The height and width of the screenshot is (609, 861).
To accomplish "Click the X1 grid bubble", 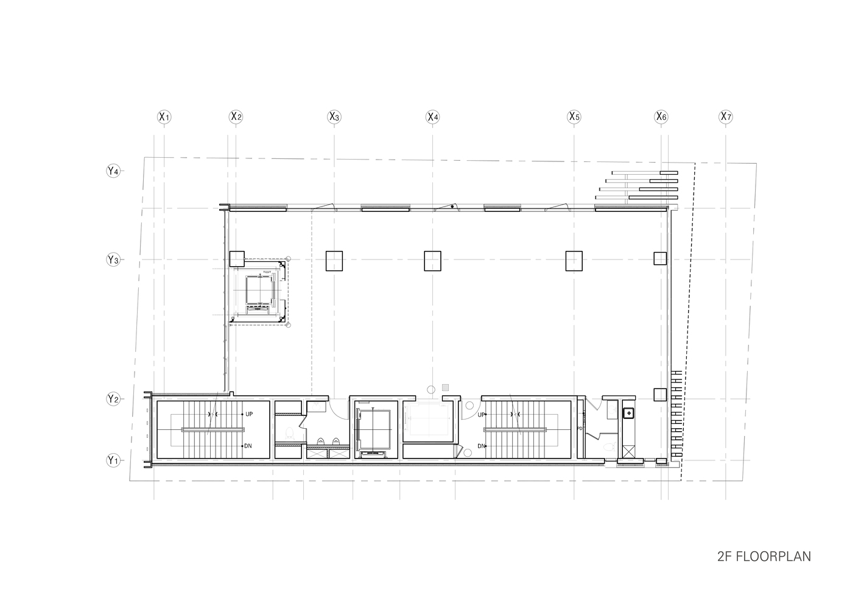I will tap(164, 116).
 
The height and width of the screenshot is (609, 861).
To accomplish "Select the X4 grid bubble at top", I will tap(432, 116).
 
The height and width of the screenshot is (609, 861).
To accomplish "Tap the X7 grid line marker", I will tap(725, 116).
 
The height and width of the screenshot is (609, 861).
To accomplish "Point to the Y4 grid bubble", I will tap(113, 171).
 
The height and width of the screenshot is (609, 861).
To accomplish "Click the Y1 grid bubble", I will tap(113, 460).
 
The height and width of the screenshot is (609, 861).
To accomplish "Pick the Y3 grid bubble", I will tap(113, 260).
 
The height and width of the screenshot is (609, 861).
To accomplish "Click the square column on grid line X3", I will tap(334, 261).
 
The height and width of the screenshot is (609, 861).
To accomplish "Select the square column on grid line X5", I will tap(574, 261).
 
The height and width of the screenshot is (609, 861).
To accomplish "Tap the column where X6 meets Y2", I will tap(660, 395).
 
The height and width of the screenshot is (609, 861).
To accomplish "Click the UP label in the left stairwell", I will tap(248, 414).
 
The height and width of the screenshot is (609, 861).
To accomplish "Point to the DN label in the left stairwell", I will tap(248, 446).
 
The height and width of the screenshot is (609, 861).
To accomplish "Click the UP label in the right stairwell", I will tap(481, 415).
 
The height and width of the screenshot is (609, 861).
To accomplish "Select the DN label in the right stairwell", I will tap(481, 446).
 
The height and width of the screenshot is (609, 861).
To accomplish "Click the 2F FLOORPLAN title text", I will tap(764, 557).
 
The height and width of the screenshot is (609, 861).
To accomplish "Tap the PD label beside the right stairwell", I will tap(580, 429).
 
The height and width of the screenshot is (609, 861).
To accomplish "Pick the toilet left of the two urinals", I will tap(290, 433).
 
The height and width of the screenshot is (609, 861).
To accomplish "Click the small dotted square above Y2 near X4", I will tap(446, 387).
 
